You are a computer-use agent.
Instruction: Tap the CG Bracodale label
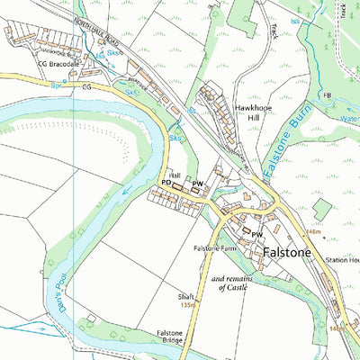pos(58,66)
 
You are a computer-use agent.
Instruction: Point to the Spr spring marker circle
pos(65,87)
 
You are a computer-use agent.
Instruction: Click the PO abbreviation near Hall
pos(166,182)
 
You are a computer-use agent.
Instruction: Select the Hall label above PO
pos(175,175)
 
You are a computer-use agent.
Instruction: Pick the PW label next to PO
pos(196,183)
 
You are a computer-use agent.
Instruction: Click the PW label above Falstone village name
pos(256,235)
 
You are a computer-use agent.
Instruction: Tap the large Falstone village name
pos(286,253)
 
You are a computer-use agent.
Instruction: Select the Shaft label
pos(185,296)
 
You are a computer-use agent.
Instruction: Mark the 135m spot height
pos(187,305)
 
